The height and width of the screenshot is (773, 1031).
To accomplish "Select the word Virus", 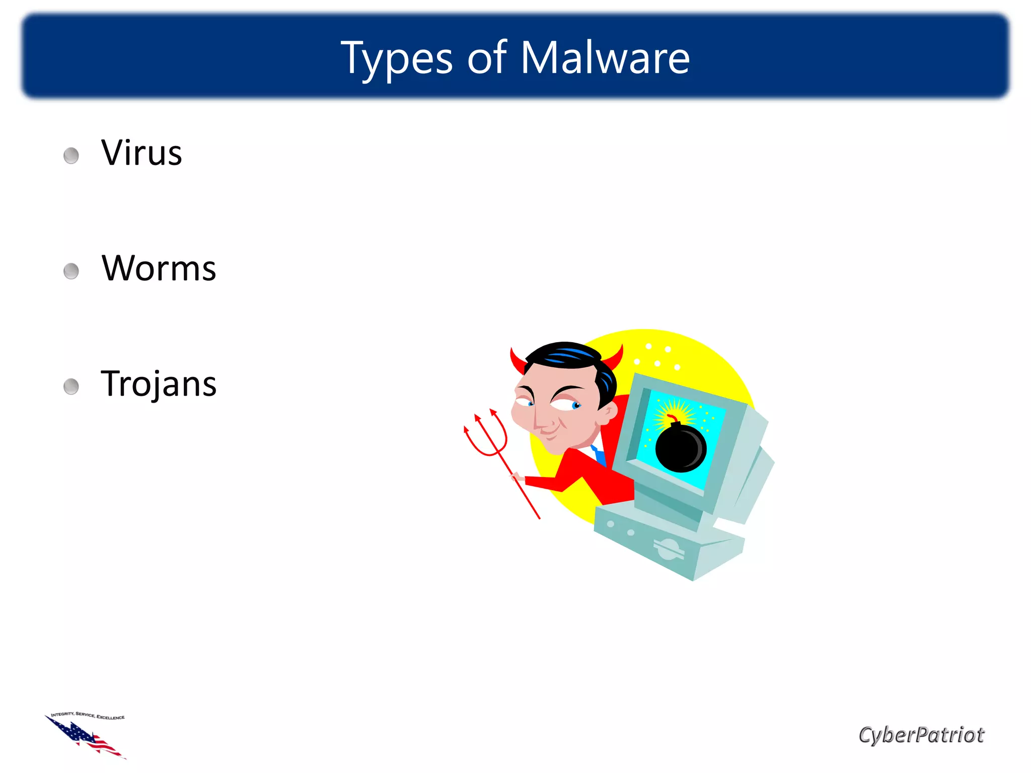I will (x=141, y=152).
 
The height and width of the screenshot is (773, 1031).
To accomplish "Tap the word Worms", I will (x=159, y=268).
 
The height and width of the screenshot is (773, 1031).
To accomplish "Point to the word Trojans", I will (x=159, y=384).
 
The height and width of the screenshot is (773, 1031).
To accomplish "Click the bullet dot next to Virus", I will (x=71, y=156).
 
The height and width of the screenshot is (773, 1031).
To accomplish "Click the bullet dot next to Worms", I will (x=71, y=271).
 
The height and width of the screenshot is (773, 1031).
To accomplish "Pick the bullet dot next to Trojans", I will (x=71, y=387).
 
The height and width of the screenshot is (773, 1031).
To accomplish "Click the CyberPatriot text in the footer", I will (x=921, y=735).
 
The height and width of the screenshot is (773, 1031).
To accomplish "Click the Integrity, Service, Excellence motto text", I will (x=88, y=715).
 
